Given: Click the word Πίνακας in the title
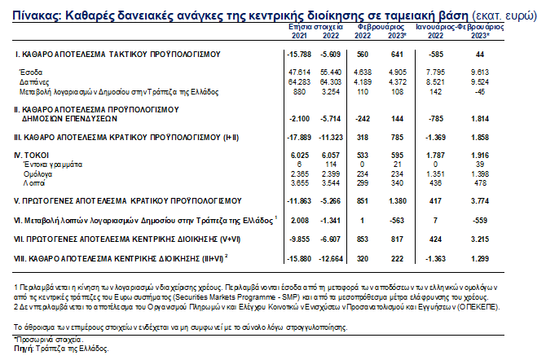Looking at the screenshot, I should (x=29, y=15).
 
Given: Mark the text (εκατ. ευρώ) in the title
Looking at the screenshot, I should (x=505, y=15).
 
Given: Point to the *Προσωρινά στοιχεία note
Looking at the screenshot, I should (x=49, y=340).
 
